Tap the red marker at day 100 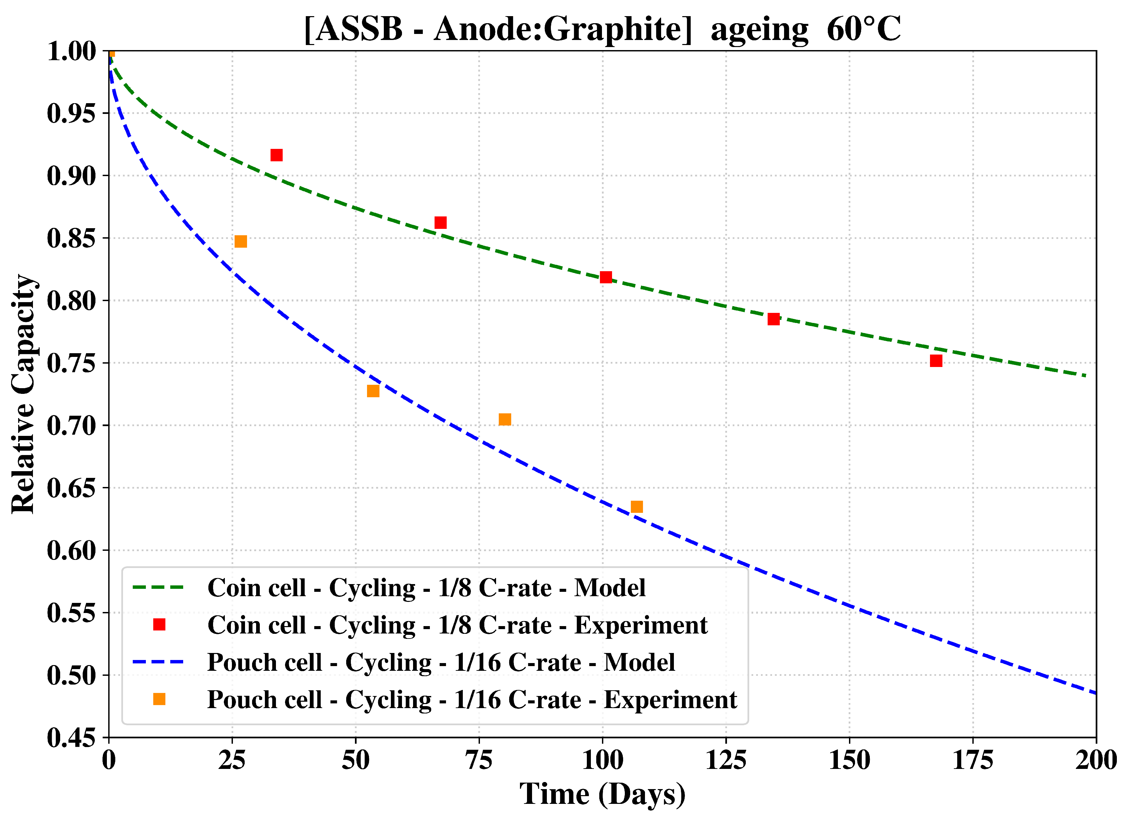pyautogui.click(x=606, y=277)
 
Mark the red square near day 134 pyautogui.click(x=773, y=319)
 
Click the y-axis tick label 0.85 pyautogui.click(x=71, y=238)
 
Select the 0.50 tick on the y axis pyautogui.click(x=71, y=675)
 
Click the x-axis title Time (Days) pyautogui.click(x=603, y=794)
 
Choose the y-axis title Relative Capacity pyautogui.click(x=23, y=394)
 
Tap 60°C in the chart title pyautogui.click(x=863, y=29)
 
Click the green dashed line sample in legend pyautogui.click(x=159, y=587)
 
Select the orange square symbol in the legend pyautogui.click(x=159, y=699)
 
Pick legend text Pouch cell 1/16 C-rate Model pyautogui.click(x=441, y=662)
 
